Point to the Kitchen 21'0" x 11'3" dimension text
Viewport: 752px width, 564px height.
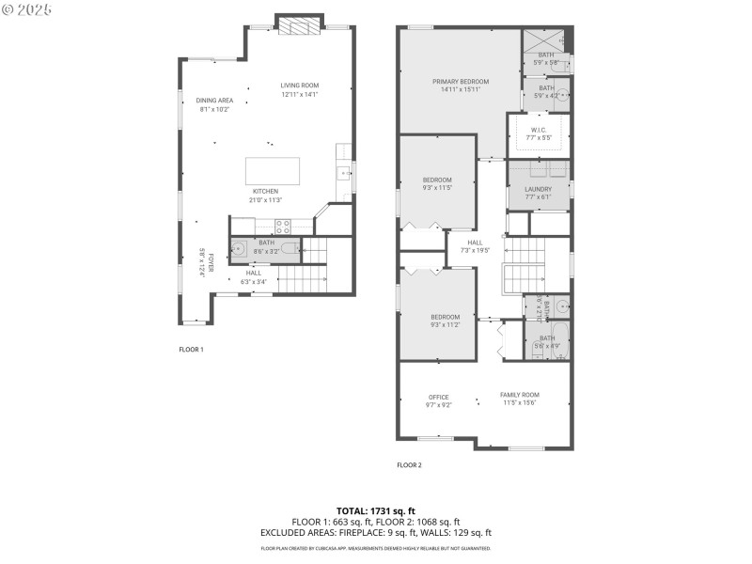pyautogui.click(x=265, y=200)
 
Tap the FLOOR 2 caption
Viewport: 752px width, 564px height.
pyautogui.click(x=409, y=464)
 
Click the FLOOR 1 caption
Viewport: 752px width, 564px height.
pyautogui.click(x=191, y=349)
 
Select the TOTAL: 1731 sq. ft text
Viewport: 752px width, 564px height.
pyautogui.click(x=375, y=511)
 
